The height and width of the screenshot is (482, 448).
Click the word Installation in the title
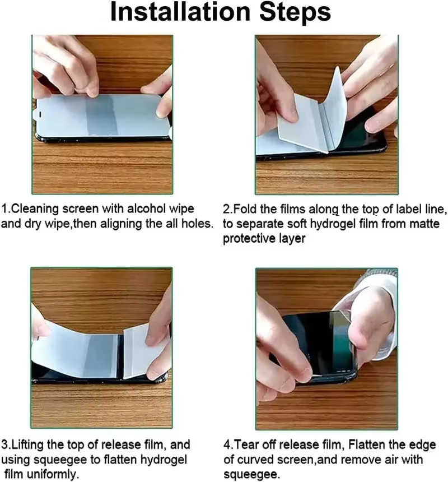[x=180, y=12]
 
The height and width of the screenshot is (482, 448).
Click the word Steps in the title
[x=295, y=12]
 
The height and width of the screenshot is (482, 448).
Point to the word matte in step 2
[x=424, y=224]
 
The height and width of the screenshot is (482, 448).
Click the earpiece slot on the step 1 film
[x=40, y=115]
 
